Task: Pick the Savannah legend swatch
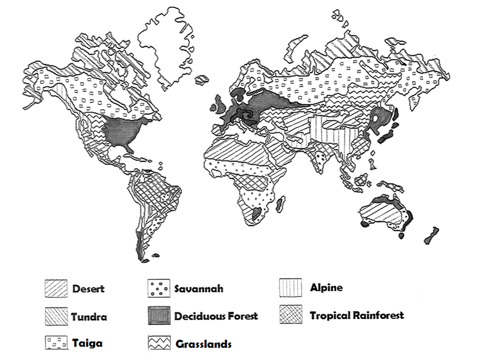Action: point(158,289)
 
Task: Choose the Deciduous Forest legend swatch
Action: point(158,316)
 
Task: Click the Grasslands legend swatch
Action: point(158,343)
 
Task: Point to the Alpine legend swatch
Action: point(290,288)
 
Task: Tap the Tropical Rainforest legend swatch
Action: point(290,315)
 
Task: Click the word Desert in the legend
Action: point(88,288)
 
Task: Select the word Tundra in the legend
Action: point(89,316)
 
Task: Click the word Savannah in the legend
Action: point(198,289)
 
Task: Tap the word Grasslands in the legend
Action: point(203,344)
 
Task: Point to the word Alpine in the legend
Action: point(326,287)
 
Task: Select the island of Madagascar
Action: point(281,203)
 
